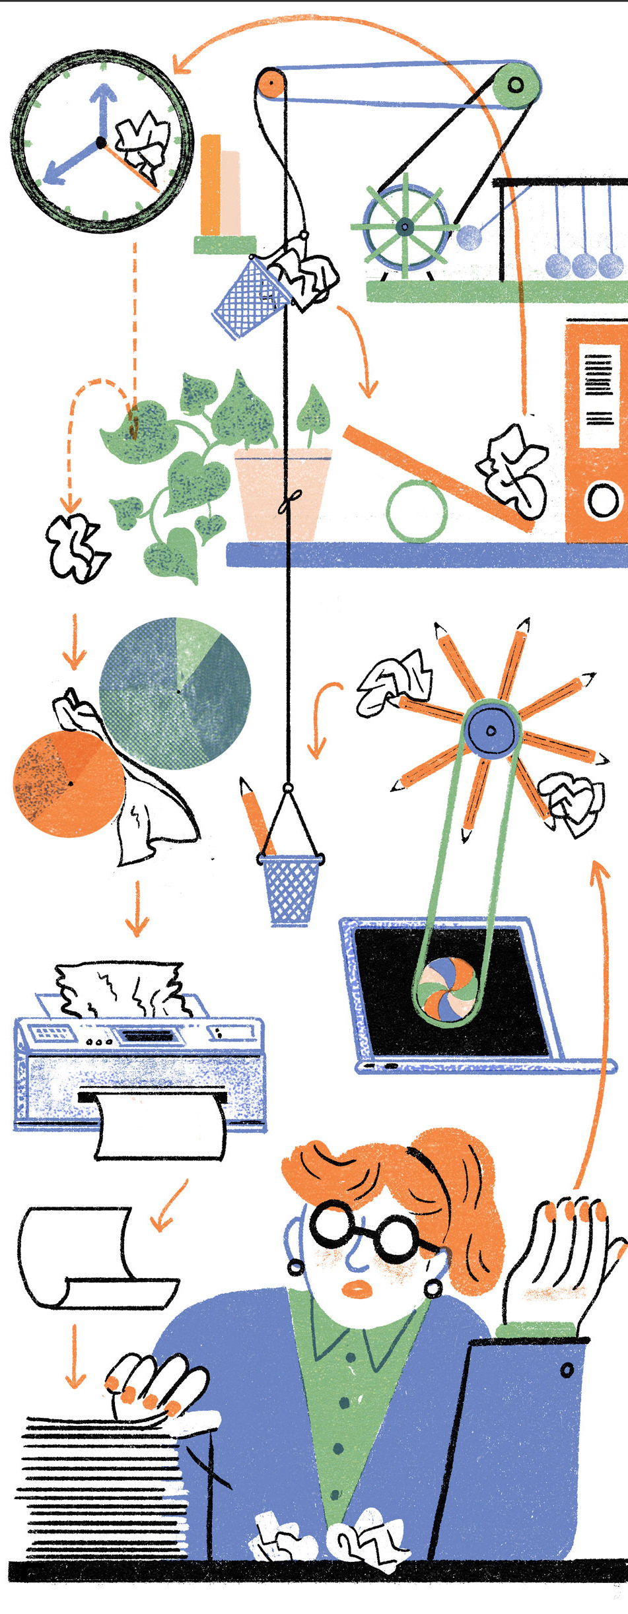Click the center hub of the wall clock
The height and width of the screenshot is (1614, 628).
tap(100, 142)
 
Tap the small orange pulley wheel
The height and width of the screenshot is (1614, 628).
tap(270, 84)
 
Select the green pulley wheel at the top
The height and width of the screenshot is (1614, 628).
tap(516, 84)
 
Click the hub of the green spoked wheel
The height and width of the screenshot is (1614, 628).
tap(404, 227)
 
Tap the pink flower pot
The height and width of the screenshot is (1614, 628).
tap(282, 492)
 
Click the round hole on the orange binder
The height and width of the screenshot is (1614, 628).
tap(602, 500)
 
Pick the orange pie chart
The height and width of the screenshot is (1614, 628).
tap(66, 784)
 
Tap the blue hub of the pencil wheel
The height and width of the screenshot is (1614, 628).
tap(491, 730)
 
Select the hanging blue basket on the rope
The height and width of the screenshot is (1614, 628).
tap(289, 888)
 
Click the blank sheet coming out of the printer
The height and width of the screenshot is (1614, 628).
tap(161, 1127)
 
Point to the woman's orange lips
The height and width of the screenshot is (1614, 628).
tap(359, 1288)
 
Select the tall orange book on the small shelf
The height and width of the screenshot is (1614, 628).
tap(211, 185)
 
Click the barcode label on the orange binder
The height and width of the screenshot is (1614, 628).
tap(599, 389)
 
